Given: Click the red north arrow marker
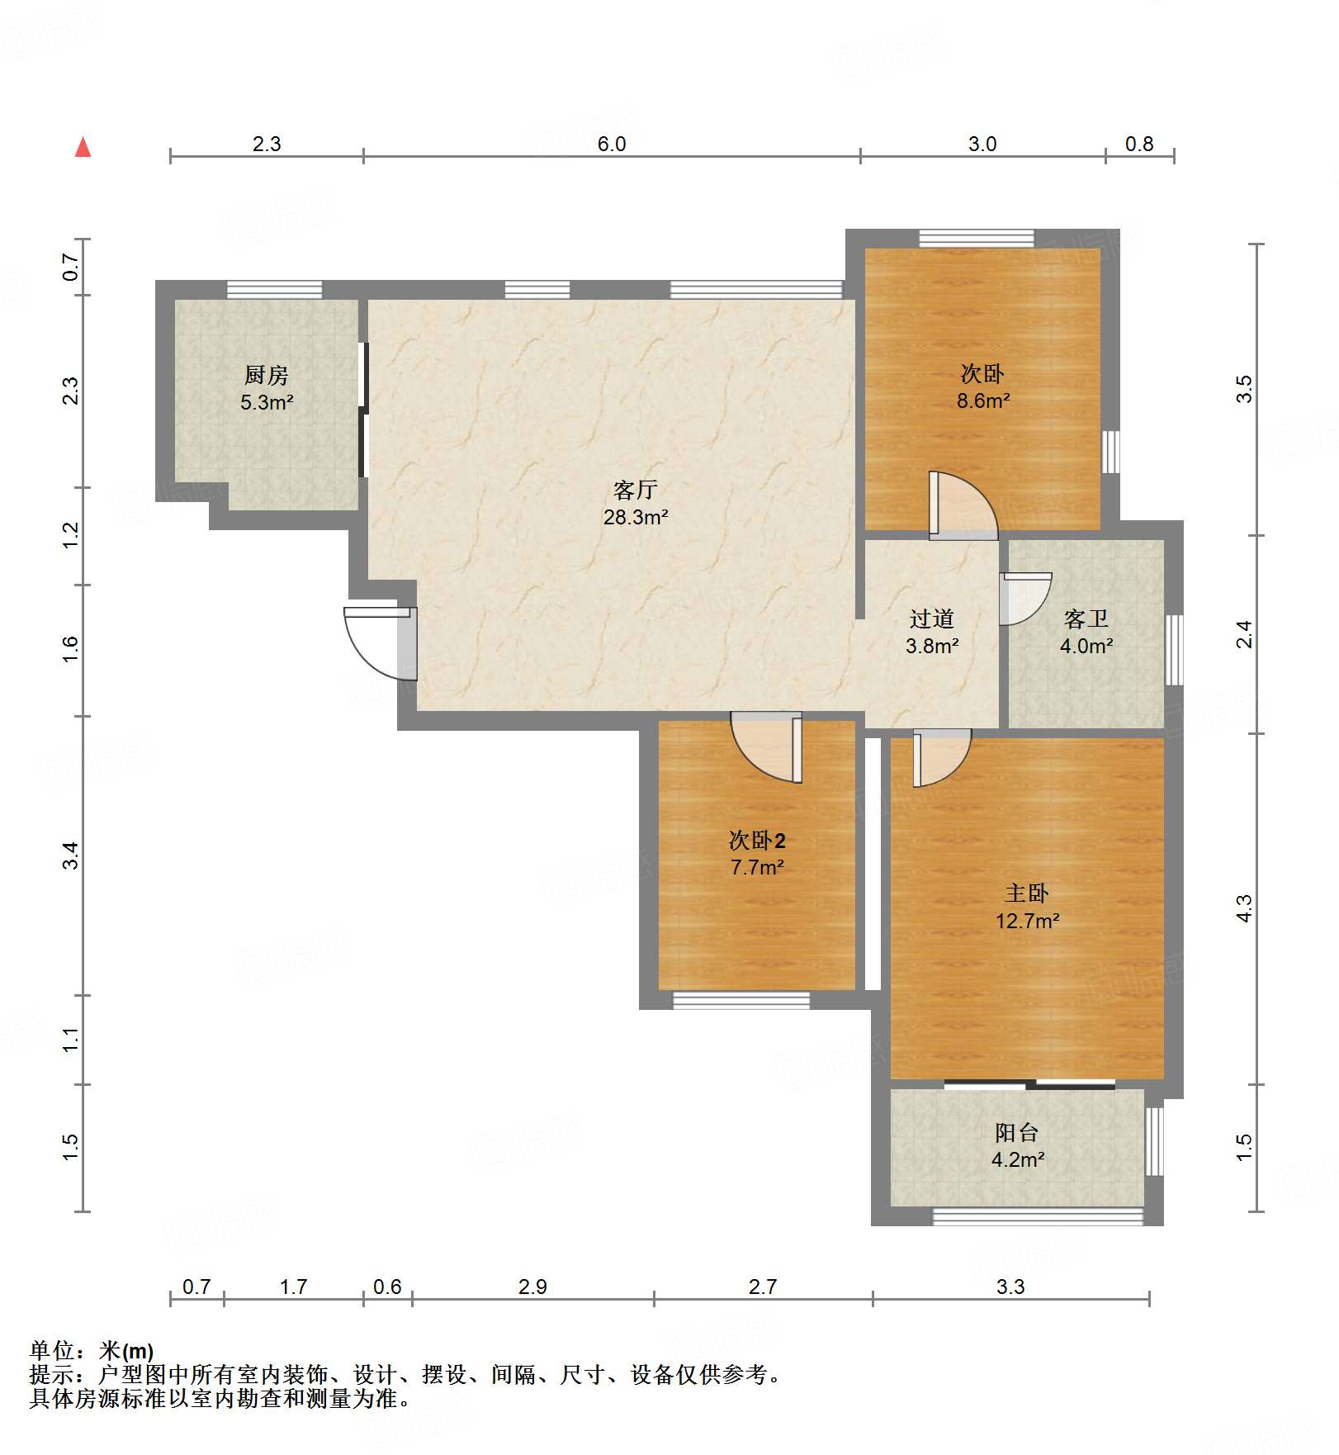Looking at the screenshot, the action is coord(83,147).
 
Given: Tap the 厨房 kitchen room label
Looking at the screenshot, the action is coord(267,376).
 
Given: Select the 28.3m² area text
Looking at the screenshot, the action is coord(636,518).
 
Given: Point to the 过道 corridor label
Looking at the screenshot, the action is coord(932,618).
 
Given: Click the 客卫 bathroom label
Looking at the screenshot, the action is coord(1086,618).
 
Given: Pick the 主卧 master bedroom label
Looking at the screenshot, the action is coord(1027,893).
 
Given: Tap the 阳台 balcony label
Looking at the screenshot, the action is coord(1017,1132).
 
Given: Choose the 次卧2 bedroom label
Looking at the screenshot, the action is coord(757,841).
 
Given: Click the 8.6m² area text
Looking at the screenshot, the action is coord(983,401).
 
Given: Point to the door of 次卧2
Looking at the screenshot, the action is coord(766,747).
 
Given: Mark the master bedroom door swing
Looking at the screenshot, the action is coord(942,758).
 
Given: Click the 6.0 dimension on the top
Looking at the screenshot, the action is coord(612,144).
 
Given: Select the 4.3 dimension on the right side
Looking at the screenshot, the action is coord(1244,908).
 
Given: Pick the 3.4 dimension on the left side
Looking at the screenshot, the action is coord(71,855).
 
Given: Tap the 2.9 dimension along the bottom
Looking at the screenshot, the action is coord(532,1287).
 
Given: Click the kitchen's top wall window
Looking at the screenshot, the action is coord(274,290).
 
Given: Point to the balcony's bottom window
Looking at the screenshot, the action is coord(1038,1216).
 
